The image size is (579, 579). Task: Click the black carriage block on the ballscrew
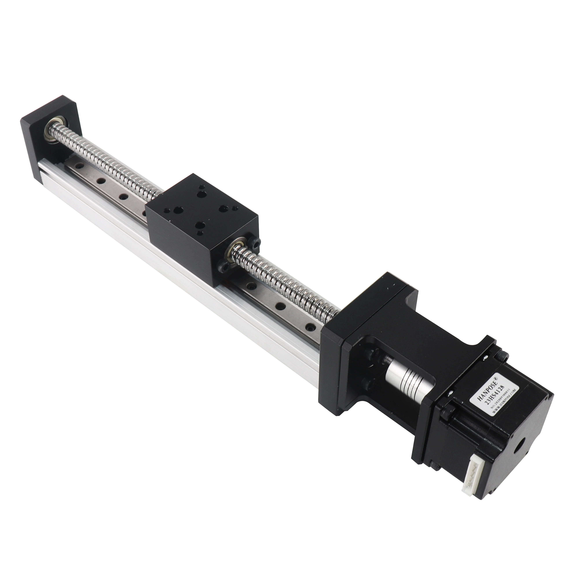click(201, 222)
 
